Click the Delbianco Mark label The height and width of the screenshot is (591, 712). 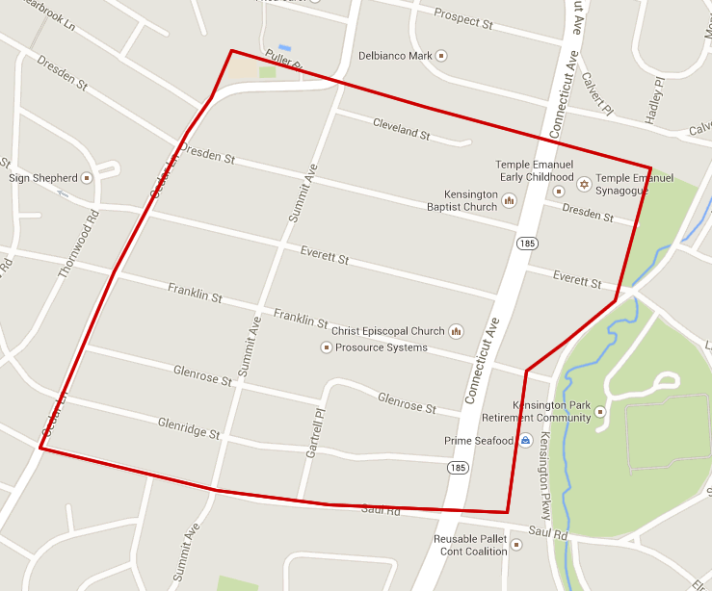pos(395,56)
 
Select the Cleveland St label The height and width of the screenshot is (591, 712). pos(401,127)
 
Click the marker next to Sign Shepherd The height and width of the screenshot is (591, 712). pos(87,178)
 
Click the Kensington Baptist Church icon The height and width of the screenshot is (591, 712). pos(509,200)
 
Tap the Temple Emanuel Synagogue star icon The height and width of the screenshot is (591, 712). pos(584,179)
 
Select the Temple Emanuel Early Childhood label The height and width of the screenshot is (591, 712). pos(535,171)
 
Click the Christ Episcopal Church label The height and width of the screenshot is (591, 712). pos(388,331)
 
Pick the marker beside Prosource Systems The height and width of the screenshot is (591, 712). pos(326,347)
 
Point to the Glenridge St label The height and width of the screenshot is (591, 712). pos(189,428)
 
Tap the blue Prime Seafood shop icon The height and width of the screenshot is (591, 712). pos(526,441)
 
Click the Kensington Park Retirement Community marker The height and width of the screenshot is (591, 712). pos(600,412)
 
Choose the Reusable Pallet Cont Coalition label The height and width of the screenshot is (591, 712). pos(470,546)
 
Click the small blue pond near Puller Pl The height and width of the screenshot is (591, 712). pos(284,47)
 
